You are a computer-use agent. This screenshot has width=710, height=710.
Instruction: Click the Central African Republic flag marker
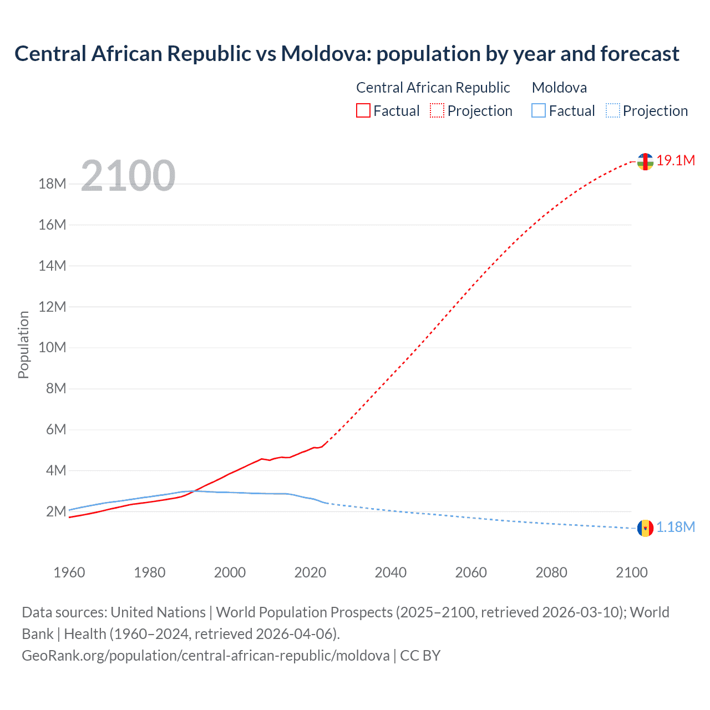[x=645, y=161]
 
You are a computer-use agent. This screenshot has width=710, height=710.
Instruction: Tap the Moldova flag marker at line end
[x=645, y=528]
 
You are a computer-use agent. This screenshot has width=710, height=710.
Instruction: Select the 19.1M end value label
[x=676, y=160]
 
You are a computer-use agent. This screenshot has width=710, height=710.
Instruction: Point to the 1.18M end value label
[x=676, y=527]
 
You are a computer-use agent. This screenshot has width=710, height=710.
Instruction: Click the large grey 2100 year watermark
[x=128, y=176]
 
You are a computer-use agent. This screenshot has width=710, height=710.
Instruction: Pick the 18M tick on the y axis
[x=52, y=184]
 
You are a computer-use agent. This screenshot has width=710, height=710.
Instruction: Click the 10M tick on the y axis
[x=52, y=348]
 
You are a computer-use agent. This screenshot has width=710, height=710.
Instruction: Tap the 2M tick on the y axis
[x=56, y=511]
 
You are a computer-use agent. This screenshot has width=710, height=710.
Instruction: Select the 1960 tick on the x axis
[x=69, y=572]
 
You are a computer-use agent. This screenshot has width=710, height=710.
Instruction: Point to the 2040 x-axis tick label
[x=390, y=572]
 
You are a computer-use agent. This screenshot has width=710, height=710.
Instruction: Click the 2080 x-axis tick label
[x=551, y=572]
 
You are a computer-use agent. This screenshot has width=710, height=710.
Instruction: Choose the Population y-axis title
[x=23, y=344]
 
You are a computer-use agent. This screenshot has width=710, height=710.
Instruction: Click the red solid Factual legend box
[x=363, y=110]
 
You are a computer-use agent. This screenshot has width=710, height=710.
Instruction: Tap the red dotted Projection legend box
[x=437, y=110]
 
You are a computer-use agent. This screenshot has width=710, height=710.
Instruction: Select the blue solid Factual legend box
[x=539, y=110]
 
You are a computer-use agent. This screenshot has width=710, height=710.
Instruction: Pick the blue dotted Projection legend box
[x=612, y=110]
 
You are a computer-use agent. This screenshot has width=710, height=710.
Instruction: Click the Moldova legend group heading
[x=559, y=88]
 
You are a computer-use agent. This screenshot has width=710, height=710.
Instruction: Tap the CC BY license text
[x=420, y=656]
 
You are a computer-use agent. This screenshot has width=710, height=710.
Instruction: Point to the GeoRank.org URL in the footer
[x=205, y=656]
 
